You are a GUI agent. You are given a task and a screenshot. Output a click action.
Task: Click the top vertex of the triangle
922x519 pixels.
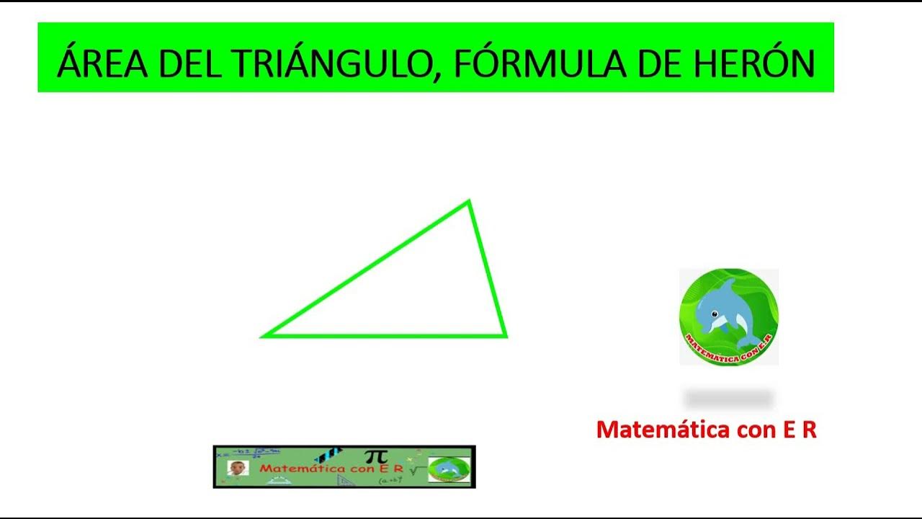468,202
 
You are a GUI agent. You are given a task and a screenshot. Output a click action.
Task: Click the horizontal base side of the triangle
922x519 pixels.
382,335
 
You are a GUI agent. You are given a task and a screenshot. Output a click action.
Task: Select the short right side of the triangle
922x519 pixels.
487,268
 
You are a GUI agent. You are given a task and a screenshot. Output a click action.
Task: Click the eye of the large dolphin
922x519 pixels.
715,314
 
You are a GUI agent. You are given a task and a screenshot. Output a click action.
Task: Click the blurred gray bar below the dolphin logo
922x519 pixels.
728,398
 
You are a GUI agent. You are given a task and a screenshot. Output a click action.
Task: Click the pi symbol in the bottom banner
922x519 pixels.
375,456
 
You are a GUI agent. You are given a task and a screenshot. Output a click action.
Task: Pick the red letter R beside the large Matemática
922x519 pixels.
809,430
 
